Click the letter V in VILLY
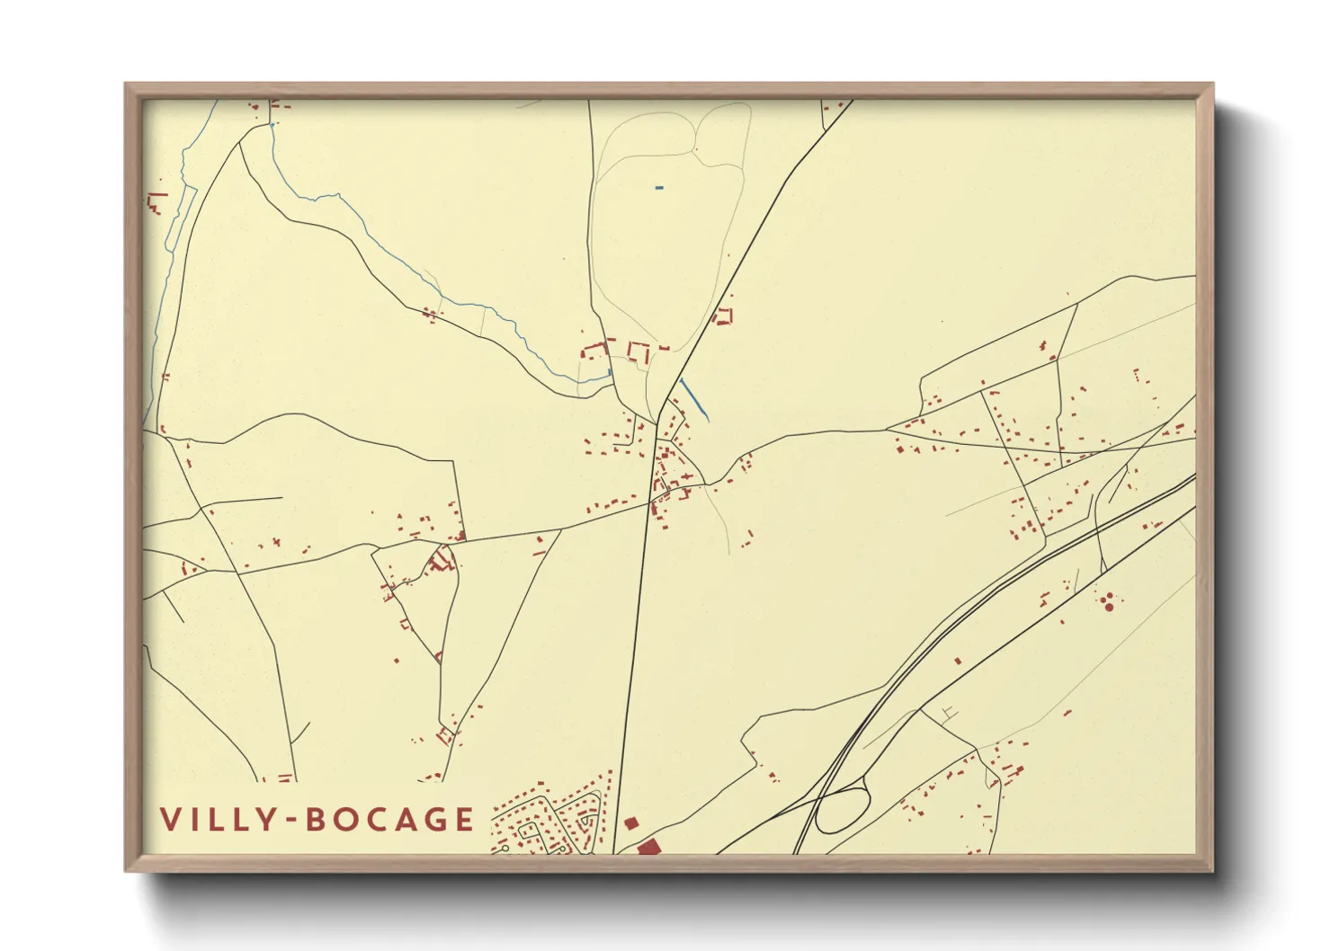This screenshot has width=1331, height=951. (x=171, y=820)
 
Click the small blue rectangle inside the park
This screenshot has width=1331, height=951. (x=659, y=188)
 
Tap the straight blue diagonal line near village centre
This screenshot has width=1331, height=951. (x=694, y=399)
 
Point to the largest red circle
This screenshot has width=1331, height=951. (x=1109, y=608)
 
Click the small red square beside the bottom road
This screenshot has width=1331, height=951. (x=630, y=822)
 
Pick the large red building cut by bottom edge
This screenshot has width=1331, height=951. (x=648, y=848)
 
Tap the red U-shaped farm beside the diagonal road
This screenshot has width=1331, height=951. (x=723, y=316)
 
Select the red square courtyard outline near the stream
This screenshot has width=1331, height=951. (x=639, y=351)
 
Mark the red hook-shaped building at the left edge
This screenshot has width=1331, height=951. (x=157, y=202)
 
